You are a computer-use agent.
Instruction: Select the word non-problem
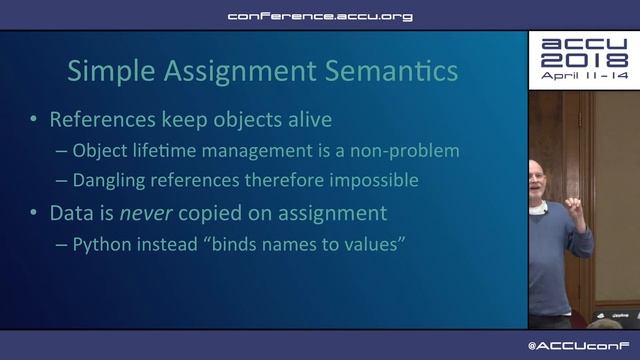pos(410,151)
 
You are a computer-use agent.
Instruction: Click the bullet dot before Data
pos(34,213)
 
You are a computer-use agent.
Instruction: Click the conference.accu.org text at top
pos(319,16)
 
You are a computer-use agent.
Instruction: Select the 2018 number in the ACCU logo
pos(583,60)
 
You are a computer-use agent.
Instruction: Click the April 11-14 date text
pos(583,76)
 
